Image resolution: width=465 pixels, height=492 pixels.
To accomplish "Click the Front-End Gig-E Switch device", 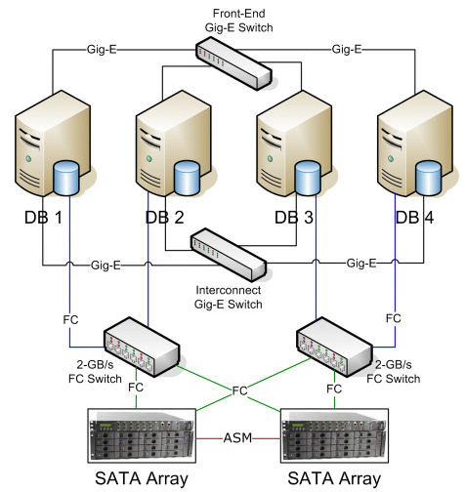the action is pyautogui.click(x=233, y=63).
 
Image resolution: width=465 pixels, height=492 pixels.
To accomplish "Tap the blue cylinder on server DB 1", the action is pyautogui.click(x=66, y=178).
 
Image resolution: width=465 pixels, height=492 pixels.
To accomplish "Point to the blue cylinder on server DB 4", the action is pyautogui.click(x=429, y=178).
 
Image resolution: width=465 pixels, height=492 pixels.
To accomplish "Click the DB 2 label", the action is pyautogui.click(x=164, y=218).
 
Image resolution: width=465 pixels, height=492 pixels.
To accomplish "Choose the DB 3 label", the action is pyautogui.click(x=294, y=218).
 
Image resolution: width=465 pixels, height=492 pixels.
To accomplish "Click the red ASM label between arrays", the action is pyautogui.click(x=237, y=438).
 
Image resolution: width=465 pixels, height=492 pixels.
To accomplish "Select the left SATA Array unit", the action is pyautogui.click(x=142, y=435).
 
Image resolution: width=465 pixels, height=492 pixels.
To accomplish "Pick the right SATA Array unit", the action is pyautogui.click(x=334, y=435).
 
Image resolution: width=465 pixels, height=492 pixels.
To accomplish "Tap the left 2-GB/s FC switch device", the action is pyautogui.click(x=142, y=347).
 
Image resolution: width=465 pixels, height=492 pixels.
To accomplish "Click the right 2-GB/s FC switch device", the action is pyautogui.click(x=334, y=347).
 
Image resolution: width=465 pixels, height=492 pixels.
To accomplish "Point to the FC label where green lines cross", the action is pyautogui.click(x=239, y=390).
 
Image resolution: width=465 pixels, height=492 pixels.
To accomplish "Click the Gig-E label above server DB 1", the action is pyautogui.click(x=102, y=50).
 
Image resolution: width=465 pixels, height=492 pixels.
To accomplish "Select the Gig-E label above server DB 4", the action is pyautogui.click(x=347, y=50).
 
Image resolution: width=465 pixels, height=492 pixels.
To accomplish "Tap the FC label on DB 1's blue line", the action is pyautogui.click(x=70, y=320).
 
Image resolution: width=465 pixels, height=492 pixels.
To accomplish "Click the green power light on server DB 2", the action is pyautogui.click(x=149, y=159).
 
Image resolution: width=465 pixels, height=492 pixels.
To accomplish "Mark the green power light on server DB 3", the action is pyautogui.click(x=270, y=159).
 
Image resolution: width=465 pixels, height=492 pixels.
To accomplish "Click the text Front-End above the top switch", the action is pyautogui.click(x=238, y=14).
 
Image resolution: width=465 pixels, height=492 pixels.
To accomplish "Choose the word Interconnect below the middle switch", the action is pyautogui.click(x=229, y=290).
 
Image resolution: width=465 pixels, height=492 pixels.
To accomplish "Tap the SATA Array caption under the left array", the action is pyautogui.click(x=142, y=478).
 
